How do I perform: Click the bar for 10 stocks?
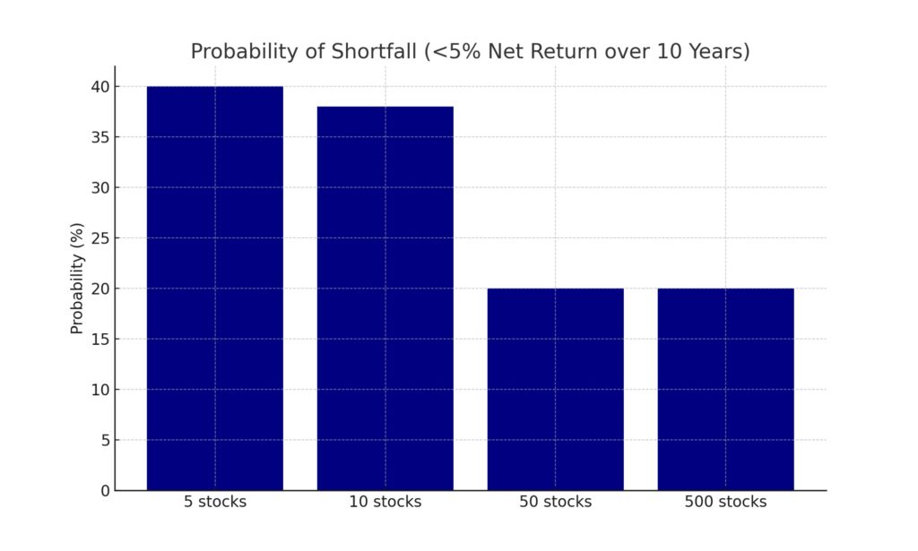385,297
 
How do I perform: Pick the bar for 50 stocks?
556,389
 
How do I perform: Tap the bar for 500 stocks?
725,389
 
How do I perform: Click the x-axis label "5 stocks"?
215,502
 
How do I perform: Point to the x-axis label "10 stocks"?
385,502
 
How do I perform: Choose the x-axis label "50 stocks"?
556,502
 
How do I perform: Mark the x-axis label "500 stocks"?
725,502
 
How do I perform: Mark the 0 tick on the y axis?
103,490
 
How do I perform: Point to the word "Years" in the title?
716,52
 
